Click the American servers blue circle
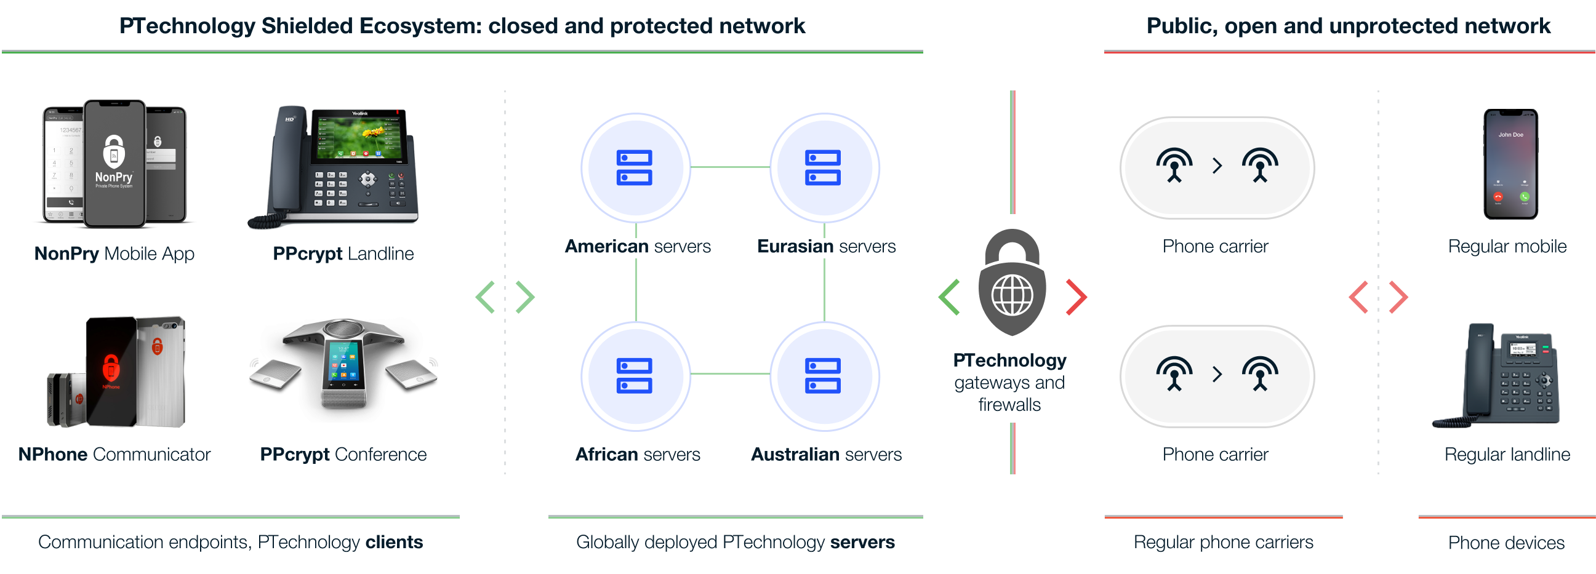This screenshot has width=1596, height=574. tap(636, 167)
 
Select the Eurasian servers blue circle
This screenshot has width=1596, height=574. tap(825, 167)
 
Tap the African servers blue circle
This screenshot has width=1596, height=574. tap(636, 375)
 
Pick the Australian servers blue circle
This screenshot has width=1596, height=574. tap(825, 375)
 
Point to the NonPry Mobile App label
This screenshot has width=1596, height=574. tap(114, 253)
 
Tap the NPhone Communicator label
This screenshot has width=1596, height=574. tap(114, 454)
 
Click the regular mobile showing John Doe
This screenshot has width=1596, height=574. tap(1510, 164)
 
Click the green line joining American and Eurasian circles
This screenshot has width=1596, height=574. tap(730, 167)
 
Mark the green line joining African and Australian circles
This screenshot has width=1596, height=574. tap(730, 374)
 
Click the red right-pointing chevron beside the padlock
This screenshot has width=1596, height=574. tap(1076, 297)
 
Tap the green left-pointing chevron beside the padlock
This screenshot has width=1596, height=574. tap(949, 297)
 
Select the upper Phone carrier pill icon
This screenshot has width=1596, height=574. tap(1217, 167)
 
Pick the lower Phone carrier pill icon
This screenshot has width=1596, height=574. tap(1217, 375)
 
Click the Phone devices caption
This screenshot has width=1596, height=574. tap(1506, 543)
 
